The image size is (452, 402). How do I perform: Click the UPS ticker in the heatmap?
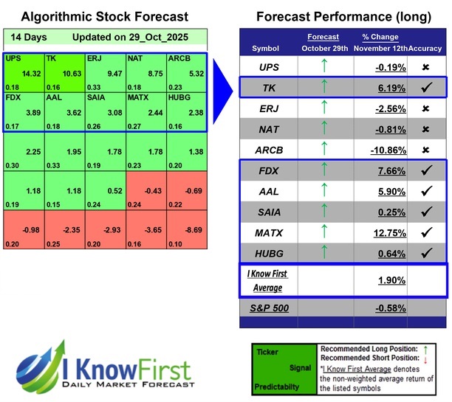click(13, 57)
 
